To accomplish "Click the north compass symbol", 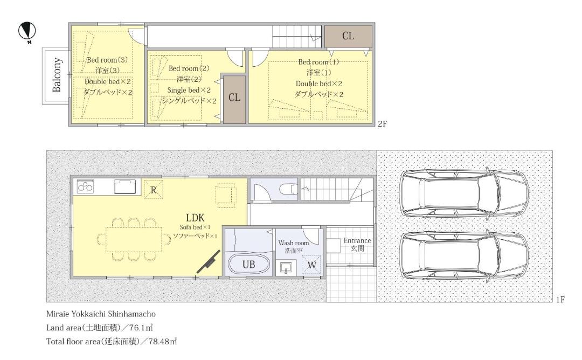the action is click(x=27, y=31).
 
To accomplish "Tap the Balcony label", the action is click(x=57, y=75).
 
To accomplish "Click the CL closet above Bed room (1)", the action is click(x=348, y=36).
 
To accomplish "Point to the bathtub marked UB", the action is click(x=248, y=264).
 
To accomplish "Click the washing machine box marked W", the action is click(x=312, y=265).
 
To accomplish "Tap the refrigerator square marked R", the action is click(x=153, y=190).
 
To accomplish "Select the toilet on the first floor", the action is click(x=288, y=189).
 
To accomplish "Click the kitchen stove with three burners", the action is click(x=85, y=186).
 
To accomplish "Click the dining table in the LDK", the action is click(x=134, y=239).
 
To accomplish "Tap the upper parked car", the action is click(x=465, y=193).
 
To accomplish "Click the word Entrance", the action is click(x=357, y=240).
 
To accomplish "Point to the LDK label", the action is click(x=195, y=218).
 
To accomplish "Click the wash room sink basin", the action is click(x=286, y=267).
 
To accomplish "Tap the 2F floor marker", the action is click(x=382, y=124).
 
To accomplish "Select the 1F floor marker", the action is click(x=560, y=300).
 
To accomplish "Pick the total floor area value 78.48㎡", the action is click(x=163, y=342).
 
